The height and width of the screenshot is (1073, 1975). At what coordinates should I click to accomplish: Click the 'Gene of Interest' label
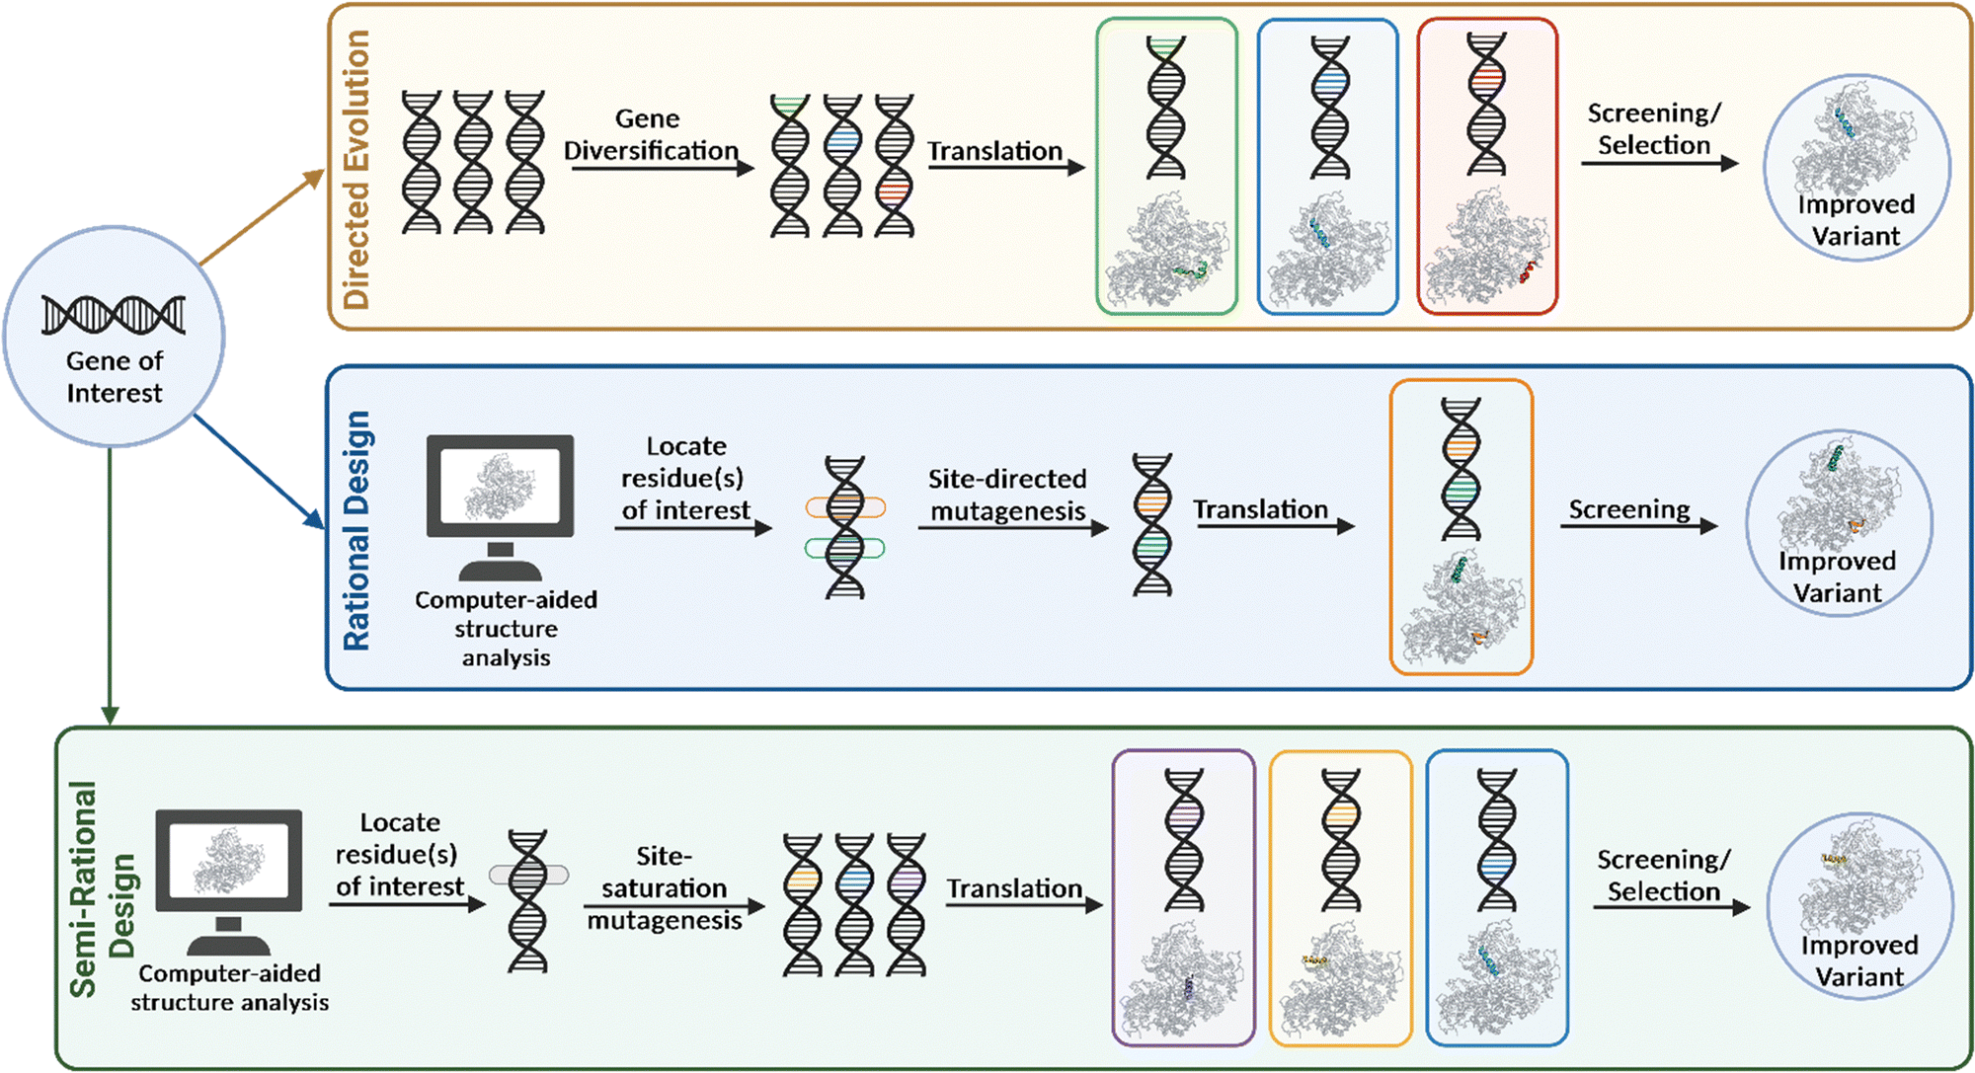[x=115, y=377]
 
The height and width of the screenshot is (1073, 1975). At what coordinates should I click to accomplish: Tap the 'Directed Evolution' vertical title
[x=355, y=169]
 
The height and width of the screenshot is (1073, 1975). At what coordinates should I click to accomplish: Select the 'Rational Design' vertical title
[x=356, y=530]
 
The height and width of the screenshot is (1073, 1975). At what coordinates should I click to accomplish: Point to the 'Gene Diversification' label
[x=650, y=134]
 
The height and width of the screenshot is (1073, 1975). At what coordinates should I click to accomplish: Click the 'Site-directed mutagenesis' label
[x=1007, y=495]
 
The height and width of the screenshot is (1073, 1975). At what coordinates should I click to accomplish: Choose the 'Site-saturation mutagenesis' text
[x=664, y=887]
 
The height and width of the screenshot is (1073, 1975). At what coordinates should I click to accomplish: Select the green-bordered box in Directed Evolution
[x=1166, y=166]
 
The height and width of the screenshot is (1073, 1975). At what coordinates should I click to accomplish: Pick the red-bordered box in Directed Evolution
[x=1486, y=166]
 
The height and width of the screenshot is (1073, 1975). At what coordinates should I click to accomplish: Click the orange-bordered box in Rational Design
[x=1461, y=526]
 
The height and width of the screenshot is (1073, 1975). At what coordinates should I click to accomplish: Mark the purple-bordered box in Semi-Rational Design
[x=1183, y=897]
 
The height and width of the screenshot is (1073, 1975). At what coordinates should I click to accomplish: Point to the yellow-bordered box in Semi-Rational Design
[x=1340, y=897]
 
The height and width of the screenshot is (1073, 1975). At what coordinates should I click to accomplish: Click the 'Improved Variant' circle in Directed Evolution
[x=1856, y=168]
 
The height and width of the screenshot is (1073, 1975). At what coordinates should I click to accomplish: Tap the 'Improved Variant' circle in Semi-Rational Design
[x=1859, y=906]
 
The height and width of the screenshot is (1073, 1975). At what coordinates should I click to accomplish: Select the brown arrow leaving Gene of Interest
[x=262, y=217]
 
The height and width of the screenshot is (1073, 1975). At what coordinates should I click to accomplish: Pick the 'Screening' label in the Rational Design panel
[x=1629, y=509]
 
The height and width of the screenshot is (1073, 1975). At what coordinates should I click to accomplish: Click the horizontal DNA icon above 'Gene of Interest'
[x=114, y=315]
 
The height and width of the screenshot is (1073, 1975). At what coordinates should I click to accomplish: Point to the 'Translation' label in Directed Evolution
[x=994, y=151]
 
